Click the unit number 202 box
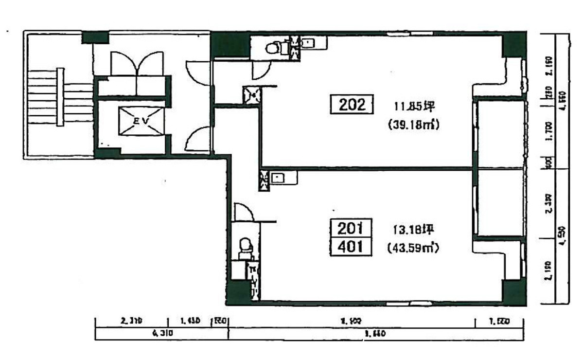352,105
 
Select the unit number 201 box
351,227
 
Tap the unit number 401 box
351,246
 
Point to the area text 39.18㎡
413,125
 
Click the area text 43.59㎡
413,248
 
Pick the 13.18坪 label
414,228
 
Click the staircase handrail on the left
60,97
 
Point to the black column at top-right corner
513,45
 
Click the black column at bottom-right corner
514,293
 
